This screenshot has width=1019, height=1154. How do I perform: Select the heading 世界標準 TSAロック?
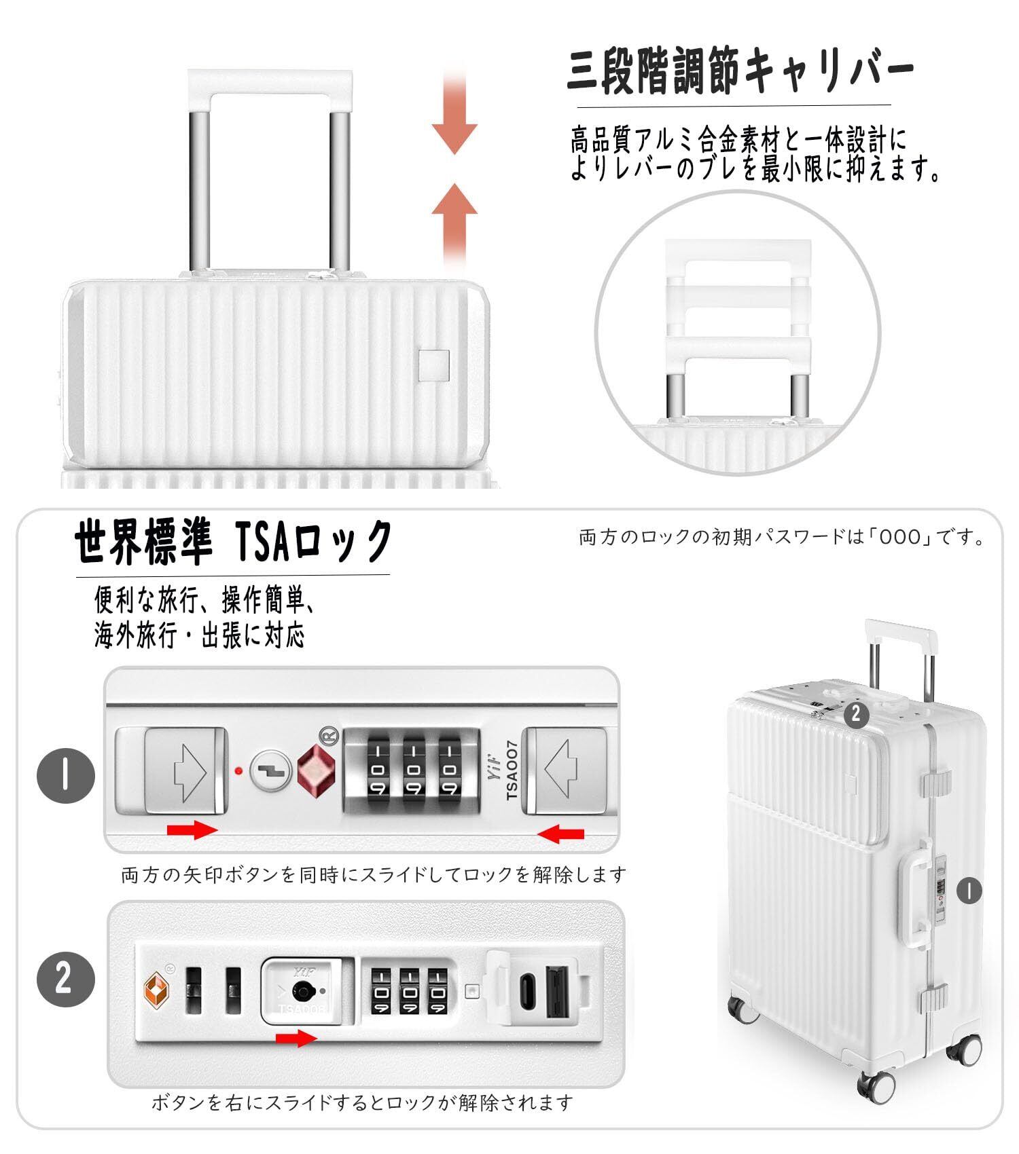(x=233, y=541)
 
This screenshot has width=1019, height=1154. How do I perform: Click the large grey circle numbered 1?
(x=65, y=776)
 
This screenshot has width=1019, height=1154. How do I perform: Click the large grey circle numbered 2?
(x=65, y=980)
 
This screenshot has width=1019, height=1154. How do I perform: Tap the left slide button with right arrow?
(x=185, y=770)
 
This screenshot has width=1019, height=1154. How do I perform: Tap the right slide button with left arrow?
(x=567, y=770)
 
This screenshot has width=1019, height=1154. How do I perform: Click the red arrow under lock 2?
(x=296, y=1038)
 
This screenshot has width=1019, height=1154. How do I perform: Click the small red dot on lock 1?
(x=238, y=770)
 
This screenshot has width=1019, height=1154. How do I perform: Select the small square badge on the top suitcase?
(x=434, y=365)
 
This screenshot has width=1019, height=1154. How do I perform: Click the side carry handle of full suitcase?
(x=914, y=895)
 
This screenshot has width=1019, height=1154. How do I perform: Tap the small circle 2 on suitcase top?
(x=855, y=714)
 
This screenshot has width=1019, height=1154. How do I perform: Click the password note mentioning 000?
(x=782, y=538)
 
